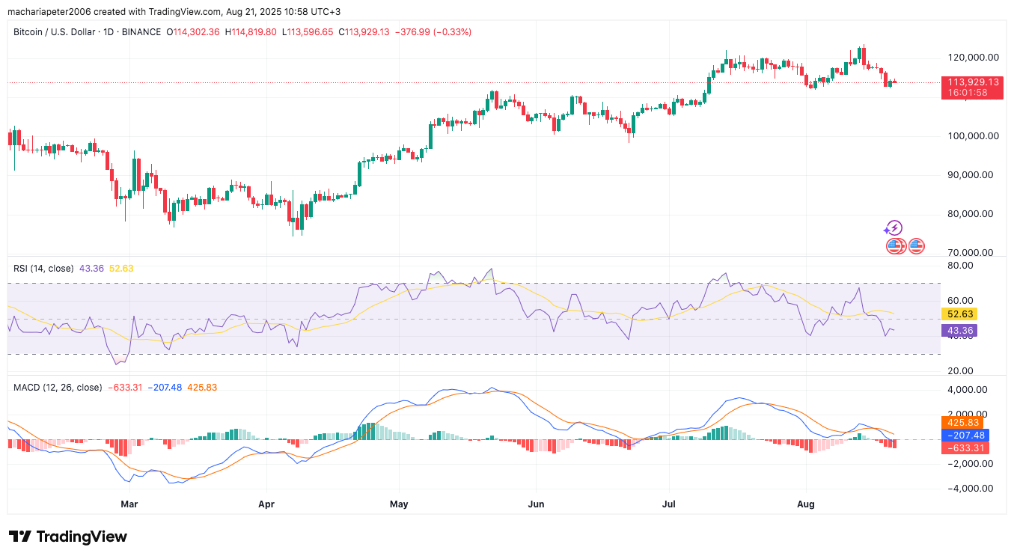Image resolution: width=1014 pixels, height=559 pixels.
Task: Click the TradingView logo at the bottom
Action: click(x=68, y=537)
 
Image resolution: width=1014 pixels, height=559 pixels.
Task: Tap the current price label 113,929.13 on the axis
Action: click(x=973, y=82)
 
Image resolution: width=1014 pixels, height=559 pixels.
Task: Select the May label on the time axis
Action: click(x=399, y=505)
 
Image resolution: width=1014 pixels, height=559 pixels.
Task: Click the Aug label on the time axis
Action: click(x=806, y=505)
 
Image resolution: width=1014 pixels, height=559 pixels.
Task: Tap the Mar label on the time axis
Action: click(x=129, y=505)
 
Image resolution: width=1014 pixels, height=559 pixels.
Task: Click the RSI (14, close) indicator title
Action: click(x=43, y=268)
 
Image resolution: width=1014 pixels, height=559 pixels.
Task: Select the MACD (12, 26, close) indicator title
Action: click(x=58, y=388)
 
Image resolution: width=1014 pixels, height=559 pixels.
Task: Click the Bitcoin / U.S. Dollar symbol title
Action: click(x=88, y=32)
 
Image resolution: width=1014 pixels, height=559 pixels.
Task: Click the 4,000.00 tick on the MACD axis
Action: click(x=969, y=390)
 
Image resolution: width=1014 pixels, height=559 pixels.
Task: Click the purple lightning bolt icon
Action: click(x=894, y=228)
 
